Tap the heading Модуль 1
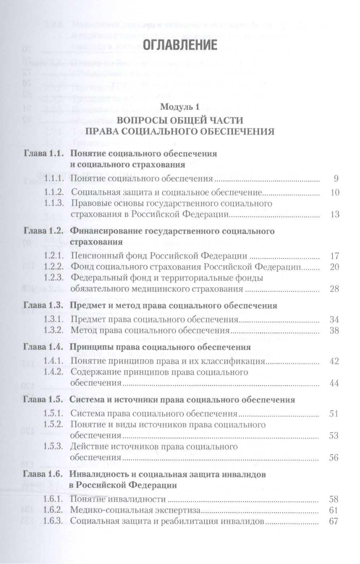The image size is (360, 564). pyautogui.click(x=179, y=107)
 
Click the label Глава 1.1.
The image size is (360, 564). pyautogui.click(x=43, y=154)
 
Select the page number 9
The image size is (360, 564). pyautogui.click(x=336, y=178)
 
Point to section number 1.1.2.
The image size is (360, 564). pyautogui.click(x=54, y=192)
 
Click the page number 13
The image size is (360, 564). pyautogui.click(x=335, y=215)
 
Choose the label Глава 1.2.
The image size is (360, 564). pyautogui.click(x=43, y=231)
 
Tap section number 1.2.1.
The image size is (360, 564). pyautogui.click(x=54, y=256)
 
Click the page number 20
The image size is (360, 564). pyautogui.click(x=335, y=267)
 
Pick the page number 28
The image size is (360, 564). pyautogui.click(x=335, y=289)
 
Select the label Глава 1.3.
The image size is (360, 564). pyautogui.click(x=43, y=306)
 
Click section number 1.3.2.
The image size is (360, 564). pyautogui.click(x=54, y=330)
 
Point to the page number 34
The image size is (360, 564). pyautogui.click(x=335, y=319)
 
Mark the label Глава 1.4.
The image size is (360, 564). pyautogui.click(x=43, y=347)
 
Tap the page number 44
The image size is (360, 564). pyautogui.click(x=335, y=383)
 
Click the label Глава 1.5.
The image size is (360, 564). pyautogui.click(x=43, y=400)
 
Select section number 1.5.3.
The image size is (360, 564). pyautogui.click(x=54, y=447)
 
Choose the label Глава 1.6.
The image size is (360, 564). pyautogui.click(x=43, y=475)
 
